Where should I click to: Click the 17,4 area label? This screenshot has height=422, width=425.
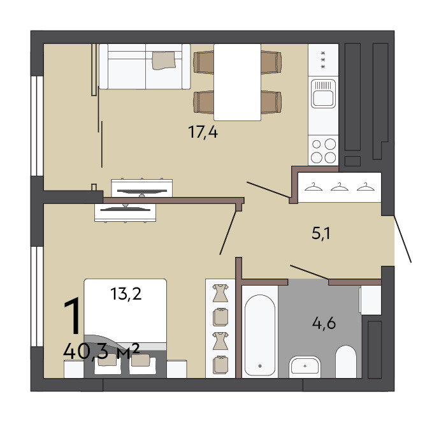pyautogui.click(x=203, y=133)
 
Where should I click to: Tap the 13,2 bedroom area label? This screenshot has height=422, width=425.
pyautogui.click(x=126, y=294)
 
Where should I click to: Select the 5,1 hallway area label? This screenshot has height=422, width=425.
pyautogui.click(x=321, y=233)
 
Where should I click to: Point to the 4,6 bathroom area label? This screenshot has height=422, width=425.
pyautogui.click(x=324, y=323)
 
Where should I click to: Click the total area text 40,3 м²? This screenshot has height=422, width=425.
pyautogui.click(x=101, y=352)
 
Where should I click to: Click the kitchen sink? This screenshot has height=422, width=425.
pyautogui.click(x=323, y=94)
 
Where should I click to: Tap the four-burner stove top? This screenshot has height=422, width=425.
pyautogui.click(x=323, y=150)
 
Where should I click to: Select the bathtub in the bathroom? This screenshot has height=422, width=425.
pyautogui.click(x=260, y=335)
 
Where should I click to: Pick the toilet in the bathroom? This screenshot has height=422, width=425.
pyautogui.click(x=346, y=361)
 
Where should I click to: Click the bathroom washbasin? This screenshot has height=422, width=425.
pyautogui.click(x=305, y=367)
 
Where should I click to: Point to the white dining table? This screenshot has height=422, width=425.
pyautogui.click(x=237, y=82)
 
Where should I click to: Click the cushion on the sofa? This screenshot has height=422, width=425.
pyautogui.click(x=164, y=60)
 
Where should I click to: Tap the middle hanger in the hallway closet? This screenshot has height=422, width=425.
pyautogui.click(x=340, y=187)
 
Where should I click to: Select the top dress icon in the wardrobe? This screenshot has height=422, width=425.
pyautogui.click(x=220, y=293)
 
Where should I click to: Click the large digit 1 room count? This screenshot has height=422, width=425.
pyautogui.click(x=73, y=316)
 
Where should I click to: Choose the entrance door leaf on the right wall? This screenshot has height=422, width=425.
pyautogui.click(x=403, y=239)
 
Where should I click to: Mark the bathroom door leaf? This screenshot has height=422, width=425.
pyautogui.click(x=309, y=272)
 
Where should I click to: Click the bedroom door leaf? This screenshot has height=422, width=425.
pyautogui.click(x=228, y=233)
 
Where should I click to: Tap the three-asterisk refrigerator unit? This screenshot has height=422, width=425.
pyautogui.click(x=323, y=60)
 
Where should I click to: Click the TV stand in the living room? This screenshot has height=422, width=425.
pyautogui.click(x=141, y=188)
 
